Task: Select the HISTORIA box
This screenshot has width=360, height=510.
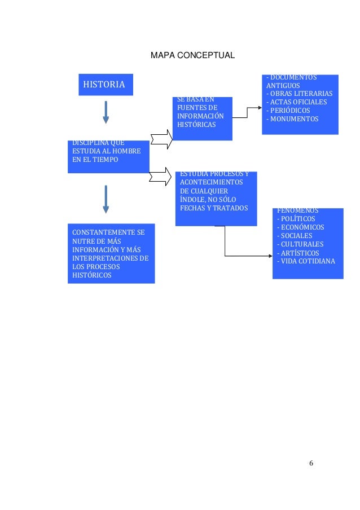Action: coord(104,85)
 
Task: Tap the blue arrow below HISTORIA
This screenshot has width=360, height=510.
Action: coord(105,112)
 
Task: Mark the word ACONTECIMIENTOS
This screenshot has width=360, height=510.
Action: coord(212,182)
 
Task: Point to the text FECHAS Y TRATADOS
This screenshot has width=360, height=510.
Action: coord(214,208)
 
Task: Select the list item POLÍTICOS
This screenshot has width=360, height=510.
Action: coord(296,218)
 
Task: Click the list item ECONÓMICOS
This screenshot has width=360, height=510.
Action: coord(300,227)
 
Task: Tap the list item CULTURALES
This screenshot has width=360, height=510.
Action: coord(300,244)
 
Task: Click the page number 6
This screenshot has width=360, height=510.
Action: coord(310,463)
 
